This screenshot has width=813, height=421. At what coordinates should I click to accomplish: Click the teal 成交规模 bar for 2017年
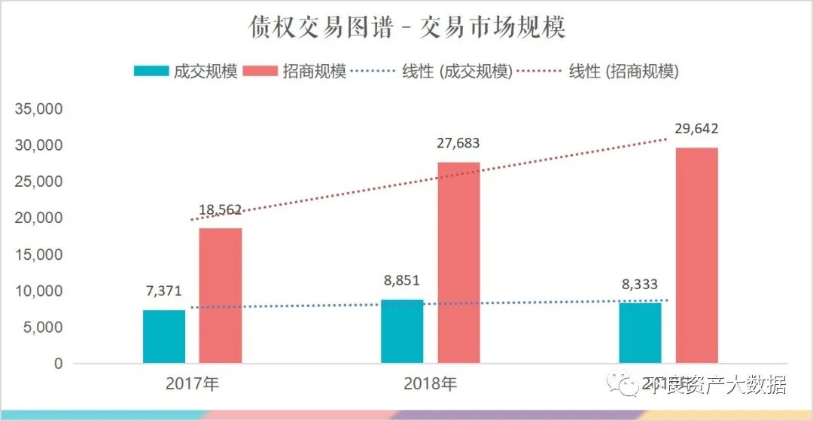164,337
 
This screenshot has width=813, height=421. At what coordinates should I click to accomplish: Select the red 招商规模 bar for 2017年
221,295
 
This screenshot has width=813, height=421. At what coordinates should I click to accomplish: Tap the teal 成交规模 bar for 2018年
402,331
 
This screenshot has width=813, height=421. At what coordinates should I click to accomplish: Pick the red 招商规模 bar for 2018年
458,262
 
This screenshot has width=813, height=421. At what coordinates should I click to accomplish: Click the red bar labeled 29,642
696,255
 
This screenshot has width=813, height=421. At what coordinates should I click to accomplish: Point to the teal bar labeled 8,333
640,333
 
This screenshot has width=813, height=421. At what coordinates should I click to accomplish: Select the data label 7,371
164,291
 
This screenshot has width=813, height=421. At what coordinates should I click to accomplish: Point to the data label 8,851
401,280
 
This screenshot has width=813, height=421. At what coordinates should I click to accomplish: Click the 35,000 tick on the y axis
38,109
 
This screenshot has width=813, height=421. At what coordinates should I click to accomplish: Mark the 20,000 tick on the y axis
38,218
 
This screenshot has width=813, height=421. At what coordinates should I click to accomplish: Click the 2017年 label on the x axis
193,384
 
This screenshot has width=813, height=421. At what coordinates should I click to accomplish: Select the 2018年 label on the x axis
430,384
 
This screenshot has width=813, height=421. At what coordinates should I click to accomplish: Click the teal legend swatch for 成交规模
151,72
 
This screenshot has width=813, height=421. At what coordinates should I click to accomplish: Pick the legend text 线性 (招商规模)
624,72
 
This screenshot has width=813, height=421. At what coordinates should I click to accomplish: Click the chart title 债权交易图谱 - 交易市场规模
407,28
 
